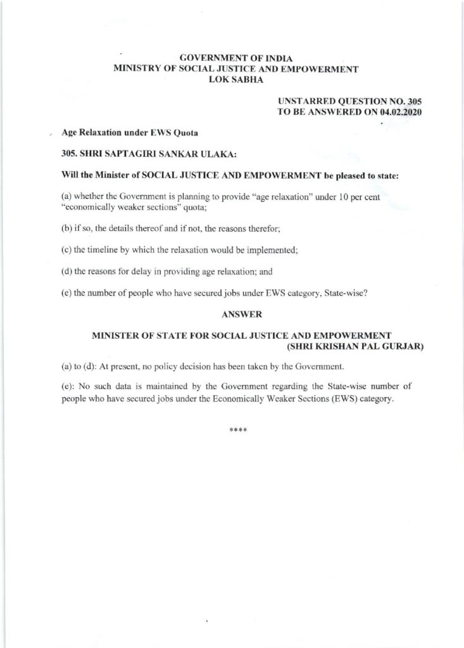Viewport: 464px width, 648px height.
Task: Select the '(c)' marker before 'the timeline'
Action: tap(66, 251)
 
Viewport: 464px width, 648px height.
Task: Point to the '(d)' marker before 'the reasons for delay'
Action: tap(66, 271)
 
